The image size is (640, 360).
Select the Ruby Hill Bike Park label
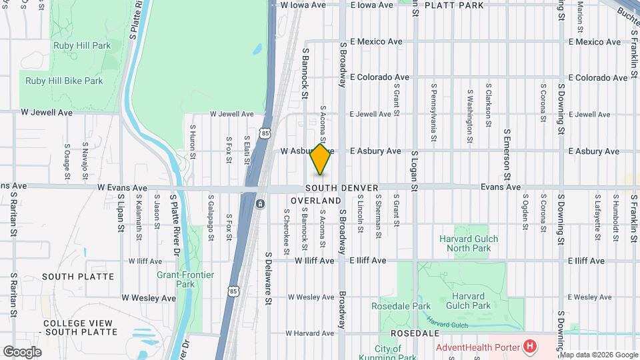click(64, 81)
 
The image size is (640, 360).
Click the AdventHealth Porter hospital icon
click(530, 346)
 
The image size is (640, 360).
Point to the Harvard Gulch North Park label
click(469, 243)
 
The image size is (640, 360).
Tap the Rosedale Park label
click(401, 306)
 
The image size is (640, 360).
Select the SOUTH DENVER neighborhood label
click(342, 188)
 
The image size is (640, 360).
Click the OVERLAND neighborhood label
click(316, 200)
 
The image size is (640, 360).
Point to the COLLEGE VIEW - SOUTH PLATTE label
click(78, 327)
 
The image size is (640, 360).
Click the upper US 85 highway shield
click(267, 133)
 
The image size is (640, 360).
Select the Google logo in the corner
click(23, 351)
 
